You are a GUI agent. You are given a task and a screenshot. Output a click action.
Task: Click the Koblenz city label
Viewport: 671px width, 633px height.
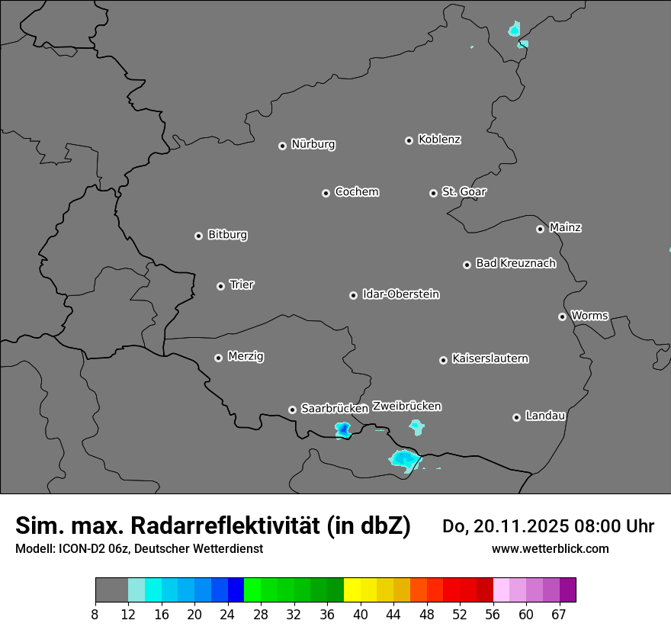point(439,140)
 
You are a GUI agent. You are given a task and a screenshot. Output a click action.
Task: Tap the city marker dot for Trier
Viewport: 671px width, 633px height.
point(221,286)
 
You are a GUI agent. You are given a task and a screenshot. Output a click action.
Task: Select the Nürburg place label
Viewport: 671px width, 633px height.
point(313,144)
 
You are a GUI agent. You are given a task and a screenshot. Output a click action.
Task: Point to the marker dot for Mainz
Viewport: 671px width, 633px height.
point(540,229)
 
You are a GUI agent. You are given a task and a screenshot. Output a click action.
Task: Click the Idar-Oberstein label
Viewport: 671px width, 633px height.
point(400,294)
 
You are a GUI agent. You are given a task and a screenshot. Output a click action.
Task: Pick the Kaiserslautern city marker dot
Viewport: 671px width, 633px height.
point(443,360)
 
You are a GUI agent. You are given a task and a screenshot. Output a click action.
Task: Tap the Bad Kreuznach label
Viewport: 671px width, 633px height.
point(515,263)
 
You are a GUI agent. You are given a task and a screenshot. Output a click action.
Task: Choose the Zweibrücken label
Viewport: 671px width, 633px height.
point(406,406)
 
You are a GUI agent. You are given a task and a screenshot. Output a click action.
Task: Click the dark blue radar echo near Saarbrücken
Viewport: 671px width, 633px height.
point(343,430)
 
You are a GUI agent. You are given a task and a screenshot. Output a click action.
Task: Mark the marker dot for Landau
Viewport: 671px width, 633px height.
point(516,417)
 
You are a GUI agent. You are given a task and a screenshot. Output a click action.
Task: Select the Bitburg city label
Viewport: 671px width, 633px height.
point(227,235)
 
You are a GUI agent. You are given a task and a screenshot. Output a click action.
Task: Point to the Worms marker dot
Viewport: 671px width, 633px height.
point(562,316)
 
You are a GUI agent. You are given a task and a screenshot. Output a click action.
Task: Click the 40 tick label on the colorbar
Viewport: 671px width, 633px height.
point(361,614)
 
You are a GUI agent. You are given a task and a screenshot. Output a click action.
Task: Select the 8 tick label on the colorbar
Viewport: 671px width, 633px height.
point(95,614)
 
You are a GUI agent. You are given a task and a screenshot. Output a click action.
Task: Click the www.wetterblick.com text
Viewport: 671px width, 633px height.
point(550,548)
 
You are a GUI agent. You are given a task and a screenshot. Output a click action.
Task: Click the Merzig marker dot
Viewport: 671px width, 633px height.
point(218,358)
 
